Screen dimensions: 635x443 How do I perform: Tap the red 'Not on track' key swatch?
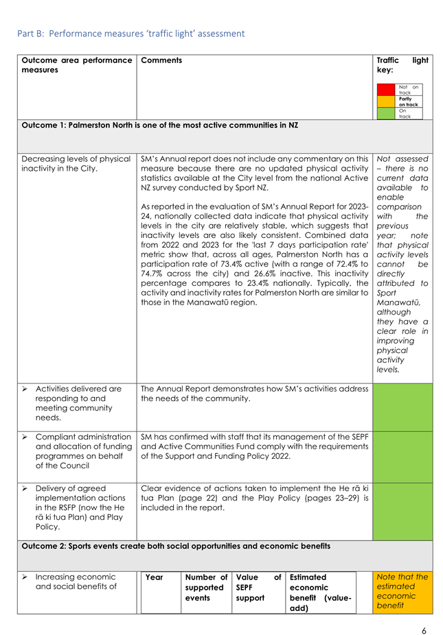point(387,89)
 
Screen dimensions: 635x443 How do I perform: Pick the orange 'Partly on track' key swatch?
point(387,101)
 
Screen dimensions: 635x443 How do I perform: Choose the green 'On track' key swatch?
point(387,113)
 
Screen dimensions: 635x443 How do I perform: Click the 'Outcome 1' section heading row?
point(159,125)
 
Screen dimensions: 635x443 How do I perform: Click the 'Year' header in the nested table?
point(155,577)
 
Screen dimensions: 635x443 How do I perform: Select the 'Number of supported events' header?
point(206,588)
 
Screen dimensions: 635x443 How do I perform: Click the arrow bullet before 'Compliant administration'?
point(25,437)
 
